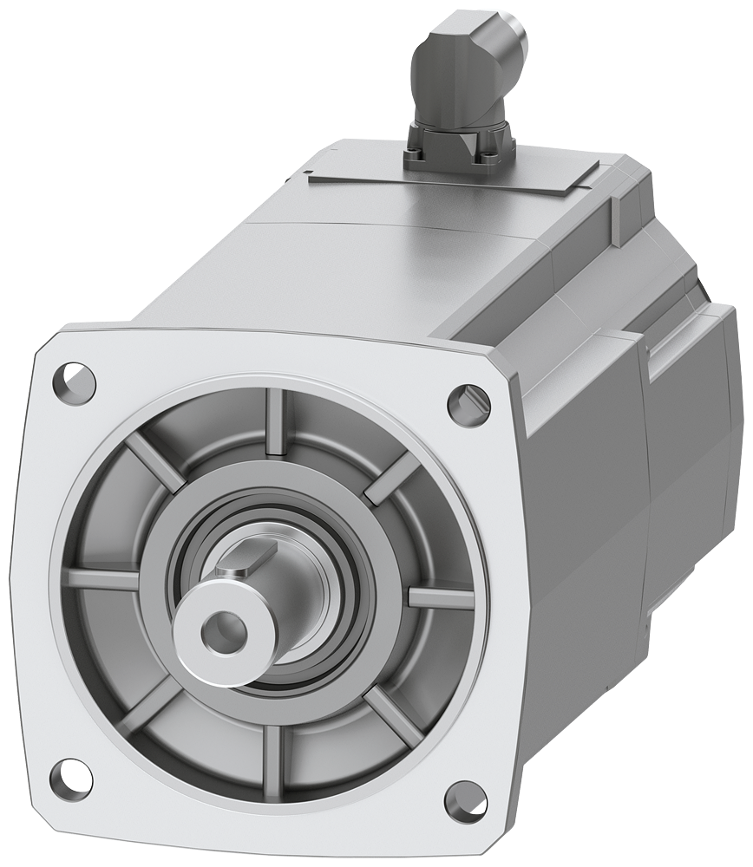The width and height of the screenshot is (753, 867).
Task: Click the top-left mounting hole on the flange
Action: (75, 379)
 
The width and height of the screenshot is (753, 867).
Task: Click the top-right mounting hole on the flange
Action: (463, 399)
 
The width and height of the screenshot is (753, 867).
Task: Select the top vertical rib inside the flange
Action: (276, 422)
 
